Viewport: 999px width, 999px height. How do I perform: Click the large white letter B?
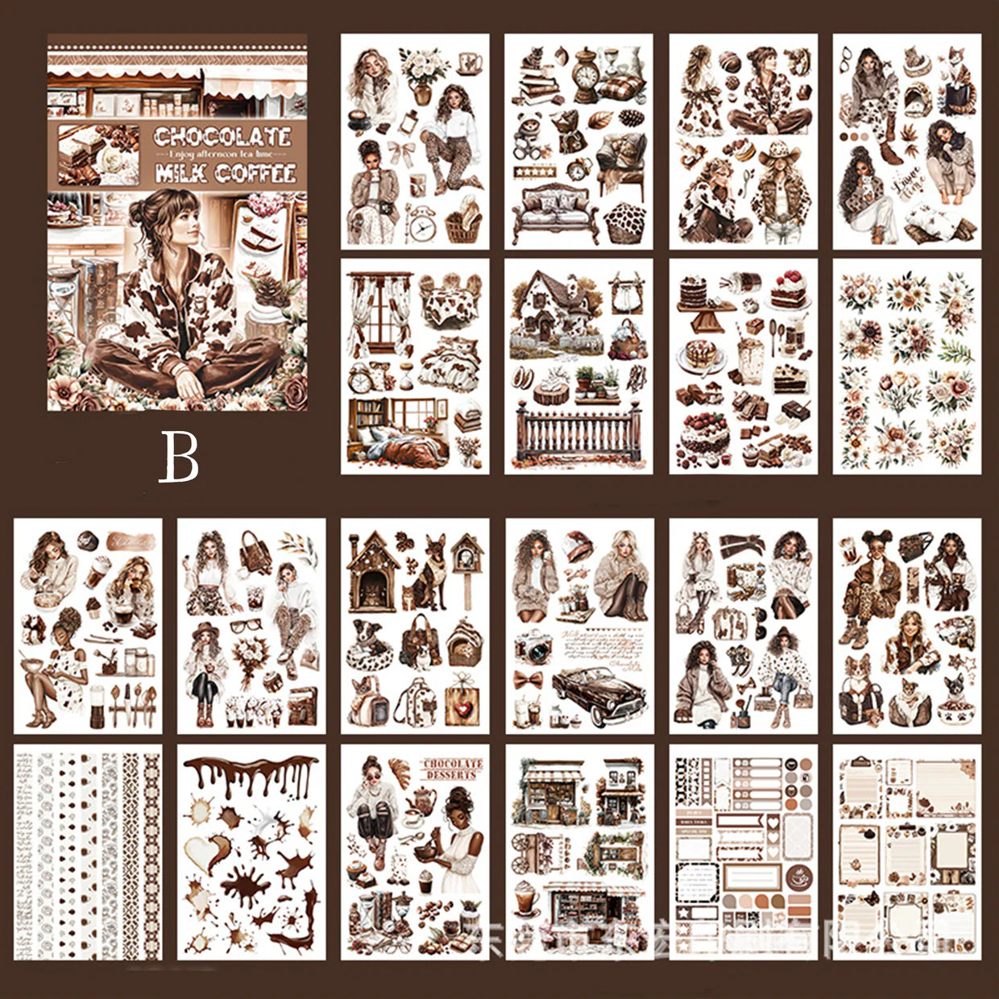tap(178, 456)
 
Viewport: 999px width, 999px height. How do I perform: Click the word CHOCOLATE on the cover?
tap(222, 138)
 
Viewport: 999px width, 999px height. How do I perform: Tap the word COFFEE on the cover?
tap(255, 173)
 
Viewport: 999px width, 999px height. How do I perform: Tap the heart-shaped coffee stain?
tap(208, 853)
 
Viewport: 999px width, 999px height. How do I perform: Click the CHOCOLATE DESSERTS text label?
tap(453, 769)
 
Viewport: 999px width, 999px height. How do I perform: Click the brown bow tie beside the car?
tap(528, 678)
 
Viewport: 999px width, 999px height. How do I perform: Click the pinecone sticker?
tap(632, 118)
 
